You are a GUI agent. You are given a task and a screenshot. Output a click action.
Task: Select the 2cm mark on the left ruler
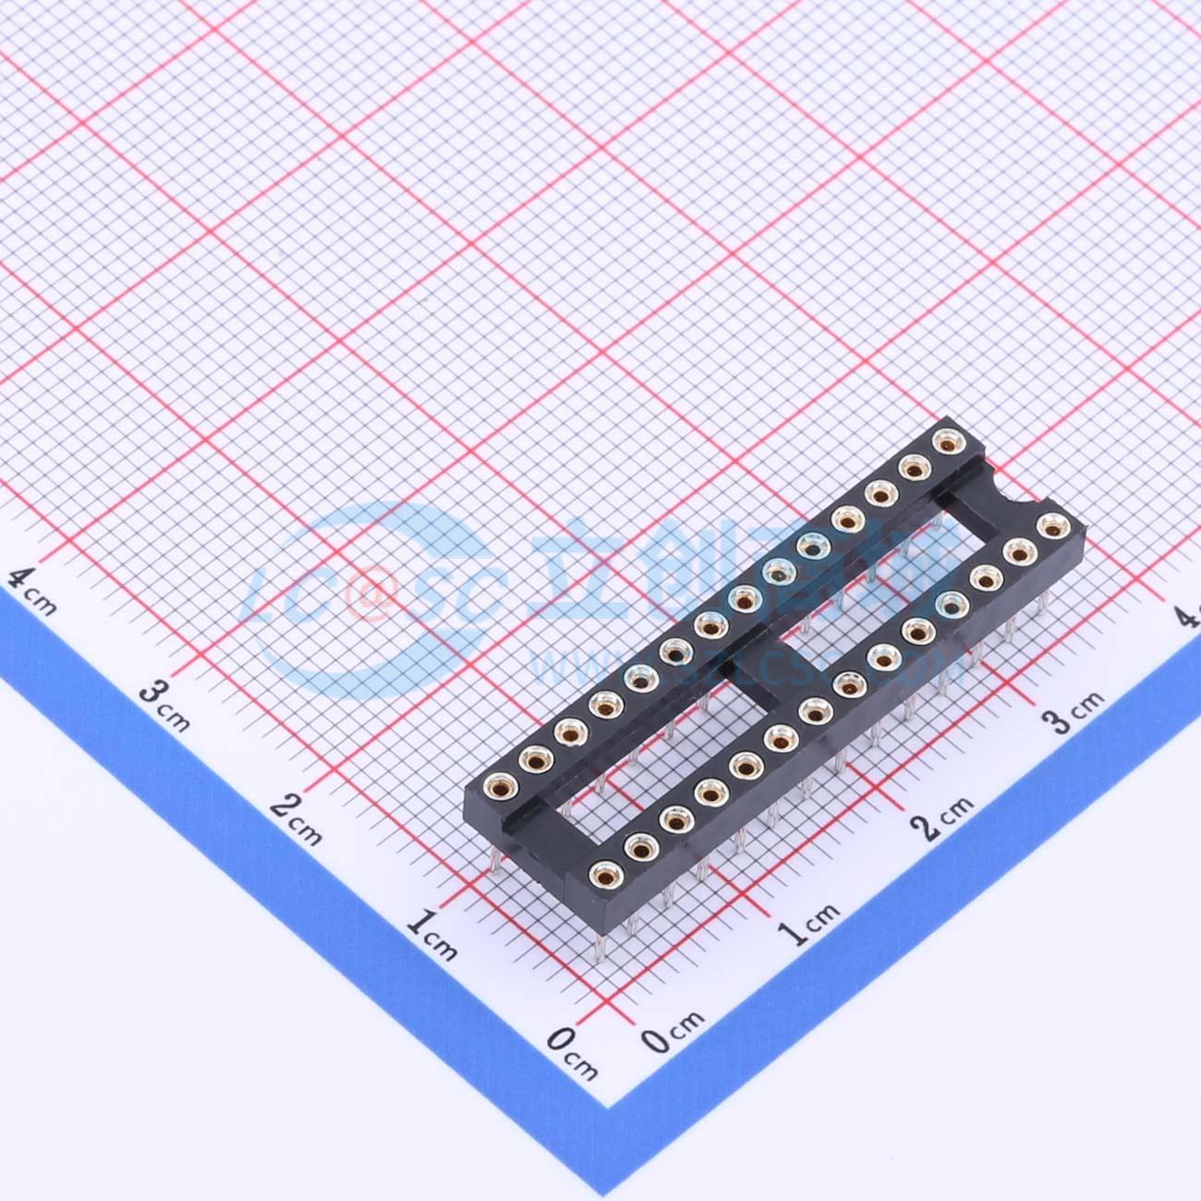pyautogui.click(x=296, y=819)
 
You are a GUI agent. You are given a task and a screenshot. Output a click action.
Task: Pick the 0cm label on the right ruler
pyautogui.click(x=673, y=1031)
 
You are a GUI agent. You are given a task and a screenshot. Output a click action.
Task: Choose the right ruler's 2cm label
pyautogui.click(x=942, y=814)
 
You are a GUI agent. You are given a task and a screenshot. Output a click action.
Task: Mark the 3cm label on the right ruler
pyautogui.click(x=1077, y=707)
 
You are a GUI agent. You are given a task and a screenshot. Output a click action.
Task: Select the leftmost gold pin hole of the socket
pyautogui.click(x=496, y=788)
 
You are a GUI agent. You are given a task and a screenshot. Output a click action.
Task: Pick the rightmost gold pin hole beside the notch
pyautogui.click(x=1050, y=528)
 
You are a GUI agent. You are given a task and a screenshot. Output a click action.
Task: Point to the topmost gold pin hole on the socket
pyautogui.click(x=944, y=442)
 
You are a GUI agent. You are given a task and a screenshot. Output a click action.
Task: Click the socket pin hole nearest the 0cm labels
pyautogui.click(x=604, y=873)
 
